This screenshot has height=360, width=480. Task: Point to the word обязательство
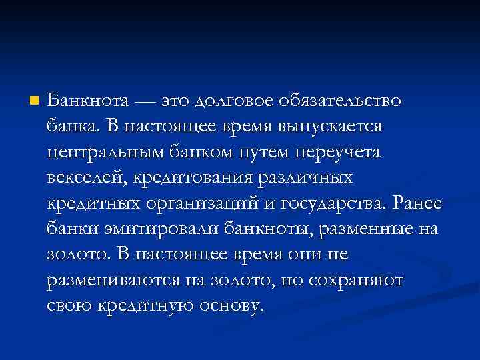(343, 101)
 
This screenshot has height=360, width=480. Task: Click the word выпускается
(347, 127)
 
